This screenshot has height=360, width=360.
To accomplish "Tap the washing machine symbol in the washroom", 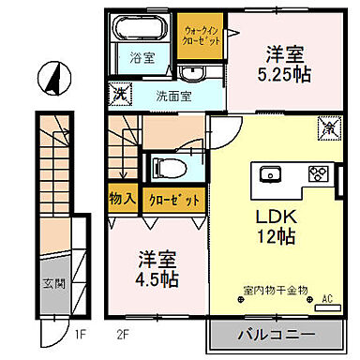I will (120, 93).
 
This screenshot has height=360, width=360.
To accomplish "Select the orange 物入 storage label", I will (123, 199).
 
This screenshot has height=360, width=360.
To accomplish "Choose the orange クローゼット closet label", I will (173, 199).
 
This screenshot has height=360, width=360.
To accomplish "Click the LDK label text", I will (277, 215).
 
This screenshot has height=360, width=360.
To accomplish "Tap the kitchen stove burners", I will (319, 172).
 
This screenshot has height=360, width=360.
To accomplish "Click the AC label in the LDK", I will (327, 300).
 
